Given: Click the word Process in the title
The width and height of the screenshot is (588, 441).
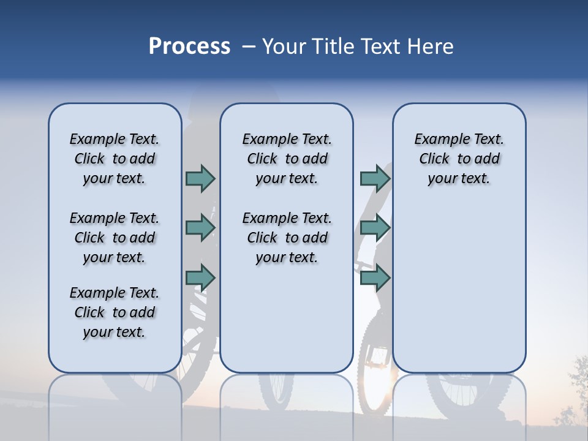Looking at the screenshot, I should pos(189,47).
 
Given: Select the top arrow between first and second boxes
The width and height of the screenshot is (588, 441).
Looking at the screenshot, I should pos(200,178).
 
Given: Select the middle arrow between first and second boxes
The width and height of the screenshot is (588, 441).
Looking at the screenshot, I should pos(200,228).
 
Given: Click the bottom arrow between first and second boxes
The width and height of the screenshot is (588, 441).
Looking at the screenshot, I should pos(200,277).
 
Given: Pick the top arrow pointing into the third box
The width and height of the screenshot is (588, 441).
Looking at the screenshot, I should pos(375,178).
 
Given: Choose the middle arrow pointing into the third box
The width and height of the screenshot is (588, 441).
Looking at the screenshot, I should pos(375,228).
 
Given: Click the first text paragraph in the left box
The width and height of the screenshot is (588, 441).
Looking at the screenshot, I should pos(115,159).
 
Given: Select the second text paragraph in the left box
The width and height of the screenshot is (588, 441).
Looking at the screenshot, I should pos(115,238).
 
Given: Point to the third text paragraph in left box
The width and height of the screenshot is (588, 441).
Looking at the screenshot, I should pos(115,312).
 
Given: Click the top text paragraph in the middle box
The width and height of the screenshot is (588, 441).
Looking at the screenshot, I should pos(287,159).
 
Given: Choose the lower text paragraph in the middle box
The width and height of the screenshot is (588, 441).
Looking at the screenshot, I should pos(287,238).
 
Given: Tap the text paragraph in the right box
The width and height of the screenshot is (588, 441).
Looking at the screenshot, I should pos(459,159).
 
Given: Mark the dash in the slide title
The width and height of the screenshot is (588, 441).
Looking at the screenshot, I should pos(248,47).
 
